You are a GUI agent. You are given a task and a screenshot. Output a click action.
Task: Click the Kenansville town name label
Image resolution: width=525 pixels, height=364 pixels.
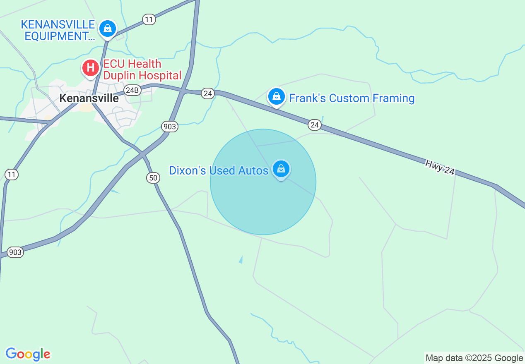pyautogui.click(x=89, y=98)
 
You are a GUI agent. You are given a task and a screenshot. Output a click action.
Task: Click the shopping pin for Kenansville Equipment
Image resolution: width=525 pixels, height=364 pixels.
pyautogui.click(x=108, y=29)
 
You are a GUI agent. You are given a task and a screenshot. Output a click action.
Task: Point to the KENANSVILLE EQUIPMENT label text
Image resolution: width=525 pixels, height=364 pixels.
pyautogui.click(x=58, y=30)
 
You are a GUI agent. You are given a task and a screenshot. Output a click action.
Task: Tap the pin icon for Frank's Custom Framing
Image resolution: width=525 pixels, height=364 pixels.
pyautogui.click(x=276, y=97)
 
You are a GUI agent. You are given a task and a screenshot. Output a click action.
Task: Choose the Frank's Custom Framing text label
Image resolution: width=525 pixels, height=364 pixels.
pyautogui.click(x=352, y=98)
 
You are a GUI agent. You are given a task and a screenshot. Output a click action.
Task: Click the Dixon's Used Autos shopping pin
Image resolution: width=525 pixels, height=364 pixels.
pyautogui.click(x=281, y=169)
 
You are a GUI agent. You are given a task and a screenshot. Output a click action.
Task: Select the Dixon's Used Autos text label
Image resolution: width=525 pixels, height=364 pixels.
pyautogui.click(x=219, y=170)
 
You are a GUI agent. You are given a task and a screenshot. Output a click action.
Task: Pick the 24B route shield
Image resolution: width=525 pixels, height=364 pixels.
pyautogui.click(x=132, y=90)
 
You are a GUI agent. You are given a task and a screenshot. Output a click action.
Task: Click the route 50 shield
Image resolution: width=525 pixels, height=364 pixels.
pyautogui.click(x=153, y=178)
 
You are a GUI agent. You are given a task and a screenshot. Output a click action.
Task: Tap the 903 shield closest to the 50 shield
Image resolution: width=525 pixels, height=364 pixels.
pyautogui.click(x=170, y=127)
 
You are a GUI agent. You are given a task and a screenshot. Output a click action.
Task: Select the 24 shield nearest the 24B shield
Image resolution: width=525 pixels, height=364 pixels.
pyautogui.click(x=208, y=94)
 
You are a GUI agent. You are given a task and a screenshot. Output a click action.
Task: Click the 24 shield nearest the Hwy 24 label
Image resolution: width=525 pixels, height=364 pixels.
pyautogui.click(x=315, y=125)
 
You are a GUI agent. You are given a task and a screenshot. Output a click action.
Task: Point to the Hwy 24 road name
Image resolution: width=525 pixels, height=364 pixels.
pyautogui.click(x=440, y=167)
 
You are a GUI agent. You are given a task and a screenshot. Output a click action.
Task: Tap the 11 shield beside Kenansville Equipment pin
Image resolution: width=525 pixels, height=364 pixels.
pyautogui.click(x=149, y=19)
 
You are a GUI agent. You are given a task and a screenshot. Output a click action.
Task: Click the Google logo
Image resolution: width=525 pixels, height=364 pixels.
pyautogui.click(x=28, y=354)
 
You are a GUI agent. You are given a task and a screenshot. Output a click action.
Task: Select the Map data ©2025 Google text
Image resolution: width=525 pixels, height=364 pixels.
pyautogui.click(x=474, y=358)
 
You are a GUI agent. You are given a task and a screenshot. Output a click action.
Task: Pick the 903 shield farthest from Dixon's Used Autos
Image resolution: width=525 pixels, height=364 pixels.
pyautogui.click(x=15, y=252)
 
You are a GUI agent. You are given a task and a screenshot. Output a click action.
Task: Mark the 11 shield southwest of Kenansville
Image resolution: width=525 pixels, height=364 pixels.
pyautogui.click(x=12, y=175)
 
